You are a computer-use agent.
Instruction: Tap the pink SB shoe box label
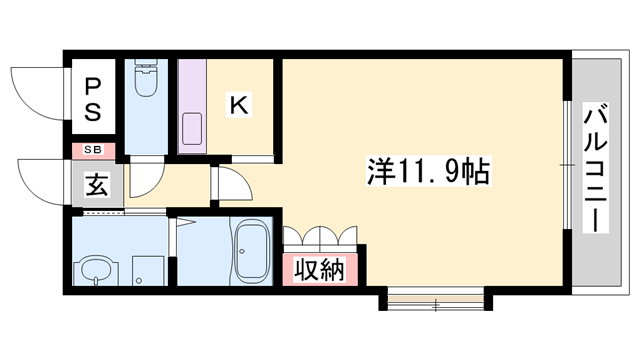point(92,150)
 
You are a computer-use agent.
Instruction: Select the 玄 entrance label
point(94,184)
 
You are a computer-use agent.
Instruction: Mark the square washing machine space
point(148,268)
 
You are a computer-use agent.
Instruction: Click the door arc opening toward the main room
point(231,186)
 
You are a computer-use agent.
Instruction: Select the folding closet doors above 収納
point(320,238)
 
